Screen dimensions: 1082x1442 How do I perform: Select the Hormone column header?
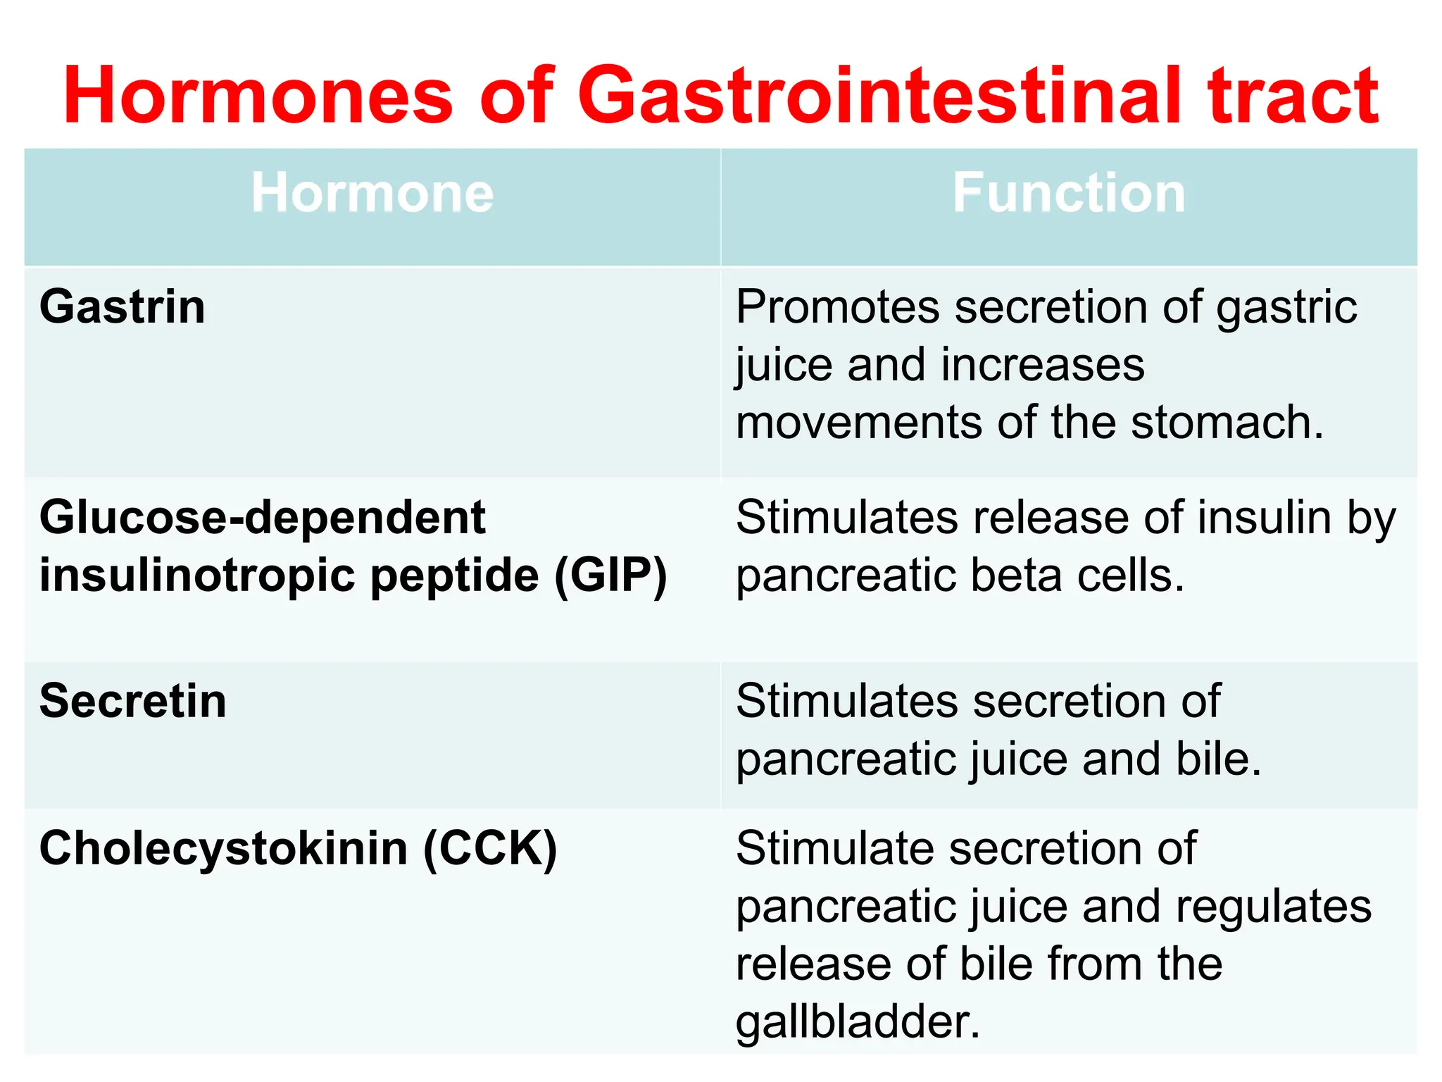(372, 193)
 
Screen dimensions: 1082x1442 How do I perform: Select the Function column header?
(1069, 193)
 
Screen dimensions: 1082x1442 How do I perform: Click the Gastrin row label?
(123, 308)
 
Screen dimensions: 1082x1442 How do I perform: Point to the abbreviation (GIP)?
(610, 576)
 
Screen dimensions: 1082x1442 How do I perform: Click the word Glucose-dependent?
(262, 518)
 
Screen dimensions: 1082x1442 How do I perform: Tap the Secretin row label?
(133, 702)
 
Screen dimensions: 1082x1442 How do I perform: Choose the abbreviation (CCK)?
(490, 848)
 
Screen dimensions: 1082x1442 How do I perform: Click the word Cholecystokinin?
(223, 848)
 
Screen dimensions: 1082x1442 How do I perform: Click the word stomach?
(1227, 423)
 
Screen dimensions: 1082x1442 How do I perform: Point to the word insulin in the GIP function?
(1264, 518)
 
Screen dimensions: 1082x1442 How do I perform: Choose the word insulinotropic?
(199, 576)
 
